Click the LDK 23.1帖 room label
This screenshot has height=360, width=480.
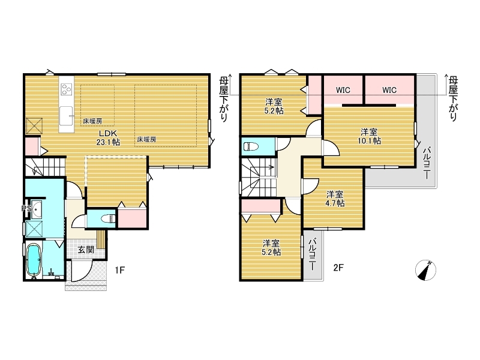109,138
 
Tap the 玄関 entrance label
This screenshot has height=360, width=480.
85,249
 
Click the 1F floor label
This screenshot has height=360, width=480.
120,270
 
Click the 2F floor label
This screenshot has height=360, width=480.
339,268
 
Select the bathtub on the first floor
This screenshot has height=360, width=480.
34,259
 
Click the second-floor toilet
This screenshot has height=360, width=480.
250,146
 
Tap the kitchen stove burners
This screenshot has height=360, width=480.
65,90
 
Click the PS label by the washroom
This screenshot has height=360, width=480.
25,209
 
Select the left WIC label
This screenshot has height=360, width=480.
343,91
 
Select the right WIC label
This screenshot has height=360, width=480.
389,91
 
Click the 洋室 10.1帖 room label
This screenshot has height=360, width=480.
369,136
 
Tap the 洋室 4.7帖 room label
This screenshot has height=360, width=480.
335,199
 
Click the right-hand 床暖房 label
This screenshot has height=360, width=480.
146,139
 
